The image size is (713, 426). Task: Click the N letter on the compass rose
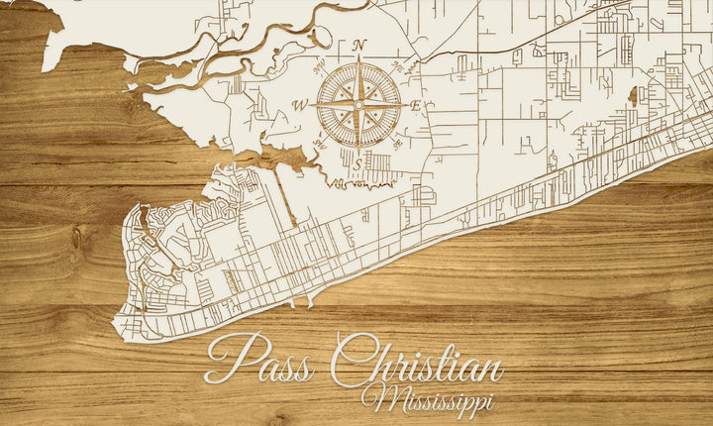358,45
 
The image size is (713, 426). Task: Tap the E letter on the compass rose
417,105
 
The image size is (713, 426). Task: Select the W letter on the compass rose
298,105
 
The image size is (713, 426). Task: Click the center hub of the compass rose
358,104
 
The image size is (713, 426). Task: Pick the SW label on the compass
319,145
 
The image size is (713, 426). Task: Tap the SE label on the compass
398,144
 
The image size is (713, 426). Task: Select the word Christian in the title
416,365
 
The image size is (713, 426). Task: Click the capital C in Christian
351,363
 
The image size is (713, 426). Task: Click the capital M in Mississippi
379,398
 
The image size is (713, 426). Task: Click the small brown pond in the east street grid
632,96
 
